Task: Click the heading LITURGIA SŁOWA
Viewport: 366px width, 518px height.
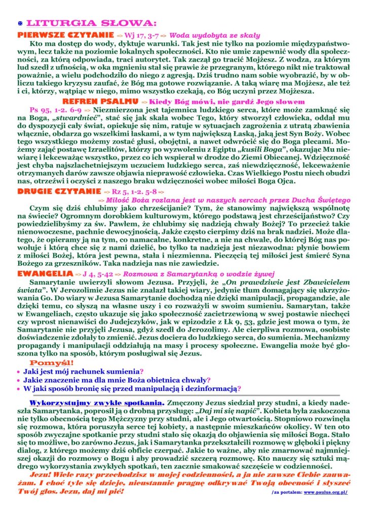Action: pyautogui.click(x=91, y=23)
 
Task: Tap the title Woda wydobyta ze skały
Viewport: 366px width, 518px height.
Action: pyautogui.click(x=214, y=36)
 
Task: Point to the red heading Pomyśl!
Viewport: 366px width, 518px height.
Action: pyautogui.click(x=52, y=363)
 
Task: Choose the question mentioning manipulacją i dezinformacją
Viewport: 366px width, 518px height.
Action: pyautogui.click(x=131, y=388)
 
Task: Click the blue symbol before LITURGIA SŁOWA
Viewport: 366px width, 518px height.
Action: pyautogui.click(x=20, y=24)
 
